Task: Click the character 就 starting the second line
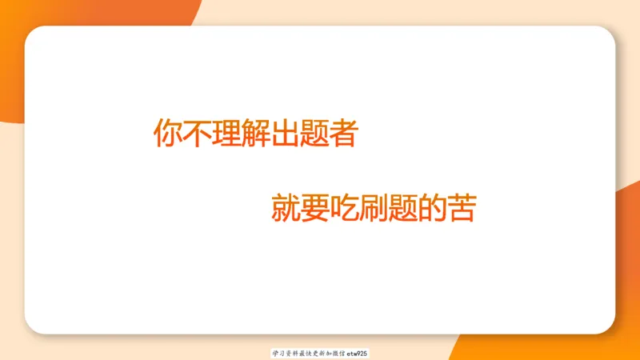point(286,208)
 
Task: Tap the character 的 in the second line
point(432,208)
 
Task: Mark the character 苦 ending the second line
point(462,208)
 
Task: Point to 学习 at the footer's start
point(278,353)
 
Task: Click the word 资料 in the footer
point(290,353)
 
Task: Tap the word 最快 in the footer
point(303,353)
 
